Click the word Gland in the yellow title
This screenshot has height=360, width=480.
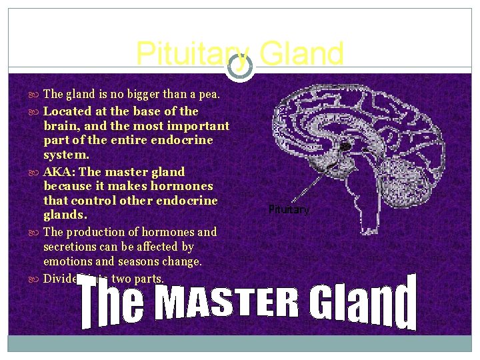tap(301, 54)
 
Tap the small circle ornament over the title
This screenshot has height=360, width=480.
tap(240, 66)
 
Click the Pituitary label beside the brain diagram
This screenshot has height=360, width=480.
tap(289, 209)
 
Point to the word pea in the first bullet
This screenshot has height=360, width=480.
tap(208, 95)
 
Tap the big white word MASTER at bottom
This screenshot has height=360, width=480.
tap(227, 303)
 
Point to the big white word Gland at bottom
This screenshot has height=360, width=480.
tap(363, 303)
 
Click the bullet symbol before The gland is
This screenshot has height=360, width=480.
tap(36, 95)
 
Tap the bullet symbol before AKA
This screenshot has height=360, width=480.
tap(36, 172)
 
